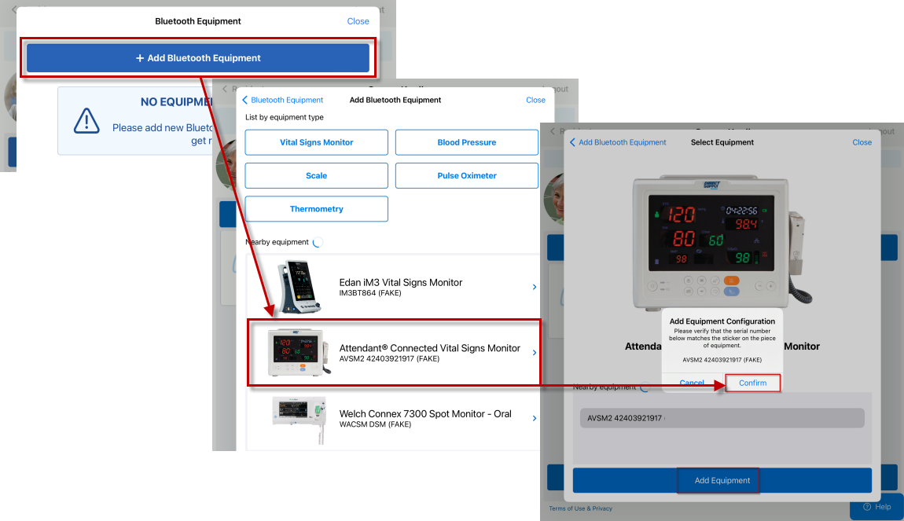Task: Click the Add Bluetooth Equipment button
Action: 198,58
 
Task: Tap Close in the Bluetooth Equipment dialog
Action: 358,21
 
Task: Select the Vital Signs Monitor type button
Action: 316,142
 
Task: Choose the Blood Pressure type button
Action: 466,142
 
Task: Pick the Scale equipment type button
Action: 316,176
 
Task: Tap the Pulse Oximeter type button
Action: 466,176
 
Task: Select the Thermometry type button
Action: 316,209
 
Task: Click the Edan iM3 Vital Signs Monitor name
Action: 400,282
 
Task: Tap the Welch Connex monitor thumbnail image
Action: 298,415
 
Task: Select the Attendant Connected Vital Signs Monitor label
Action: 429,348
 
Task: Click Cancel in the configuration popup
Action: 692,383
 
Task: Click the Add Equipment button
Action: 722,480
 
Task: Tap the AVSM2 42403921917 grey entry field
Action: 722,418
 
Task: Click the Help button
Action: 876,507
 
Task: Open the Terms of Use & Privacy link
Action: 580,508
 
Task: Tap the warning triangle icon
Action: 86,120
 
